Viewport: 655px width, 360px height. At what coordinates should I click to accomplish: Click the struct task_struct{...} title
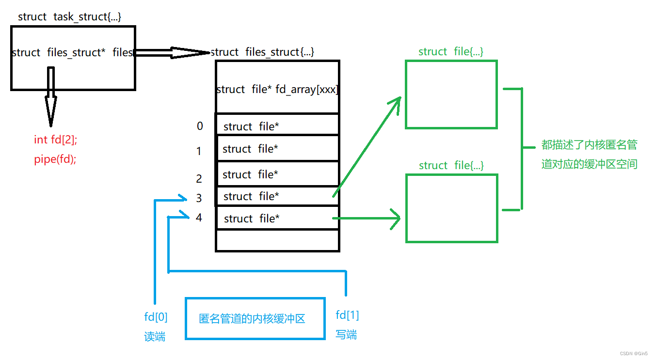pos(69,16)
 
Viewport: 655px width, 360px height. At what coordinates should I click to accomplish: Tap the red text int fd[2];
pos(56,140)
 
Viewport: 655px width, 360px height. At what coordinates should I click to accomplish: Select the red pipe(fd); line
pos(55,159)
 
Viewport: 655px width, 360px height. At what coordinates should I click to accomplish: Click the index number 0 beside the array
pos(200,126)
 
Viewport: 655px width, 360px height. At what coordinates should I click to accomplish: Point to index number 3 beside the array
pos(199,198)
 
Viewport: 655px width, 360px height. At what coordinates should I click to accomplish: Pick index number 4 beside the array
pos(199,218)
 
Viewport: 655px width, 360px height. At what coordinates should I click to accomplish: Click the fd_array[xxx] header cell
pos(277,89)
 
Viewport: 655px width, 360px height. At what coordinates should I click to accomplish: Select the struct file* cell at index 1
pos(277,149)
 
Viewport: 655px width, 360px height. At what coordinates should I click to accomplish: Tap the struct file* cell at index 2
pos(277,174)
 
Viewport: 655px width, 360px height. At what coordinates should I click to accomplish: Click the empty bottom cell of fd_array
pos(277,240)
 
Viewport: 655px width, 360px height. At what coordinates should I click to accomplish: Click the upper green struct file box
pos(451,94)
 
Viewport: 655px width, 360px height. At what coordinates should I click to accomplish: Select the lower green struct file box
pos(451,208)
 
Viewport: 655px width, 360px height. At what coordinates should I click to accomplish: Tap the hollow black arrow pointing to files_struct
pos(172,52)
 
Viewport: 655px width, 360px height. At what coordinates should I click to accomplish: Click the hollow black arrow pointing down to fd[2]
pos(50,97)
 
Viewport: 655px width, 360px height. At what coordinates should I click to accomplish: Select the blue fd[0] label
pos(156,317)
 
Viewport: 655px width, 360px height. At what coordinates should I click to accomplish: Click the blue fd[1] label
pos(347,315)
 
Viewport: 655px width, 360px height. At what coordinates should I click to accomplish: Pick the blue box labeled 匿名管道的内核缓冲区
pos(255,318)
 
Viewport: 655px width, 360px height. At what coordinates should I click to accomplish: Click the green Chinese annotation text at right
pos(589,154)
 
